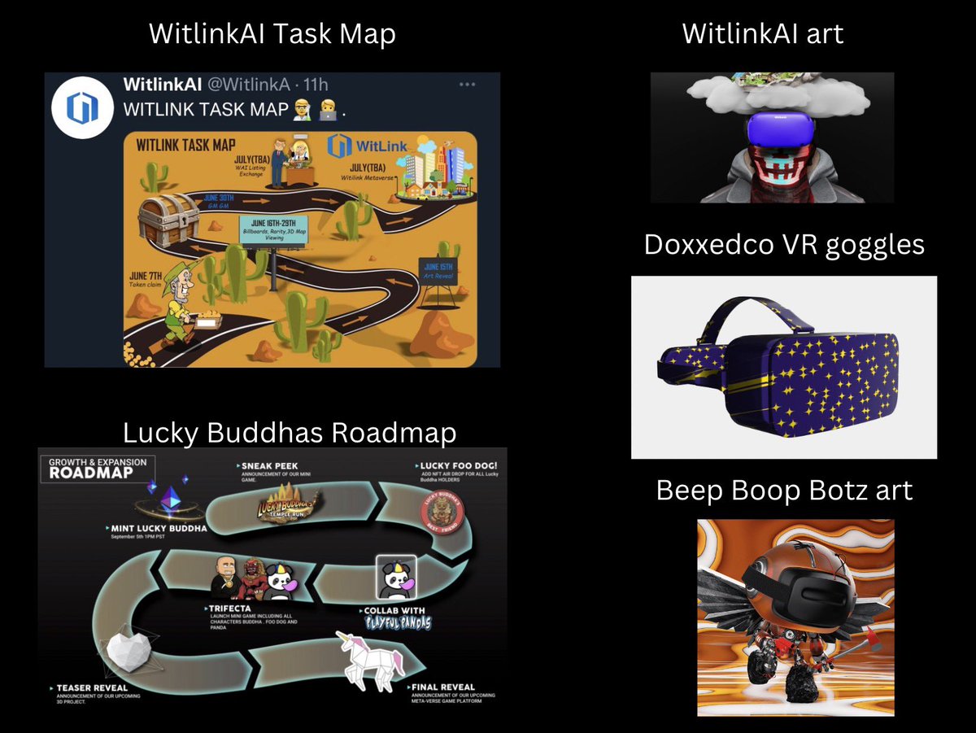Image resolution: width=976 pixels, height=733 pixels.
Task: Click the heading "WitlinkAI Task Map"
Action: [x=272, y=34]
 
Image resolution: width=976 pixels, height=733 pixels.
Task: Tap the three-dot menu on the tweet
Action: [x=468, y=85]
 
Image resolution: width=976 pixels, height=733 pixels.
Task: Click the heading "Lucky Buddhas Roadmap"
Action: [x=289, y=433]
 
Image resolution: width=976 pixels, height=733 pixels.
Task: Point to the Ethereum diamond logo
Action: [x=171, y=498]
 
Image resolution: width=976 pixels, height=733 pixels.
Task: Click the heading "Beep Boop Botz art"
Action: [x=784, y=491]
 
